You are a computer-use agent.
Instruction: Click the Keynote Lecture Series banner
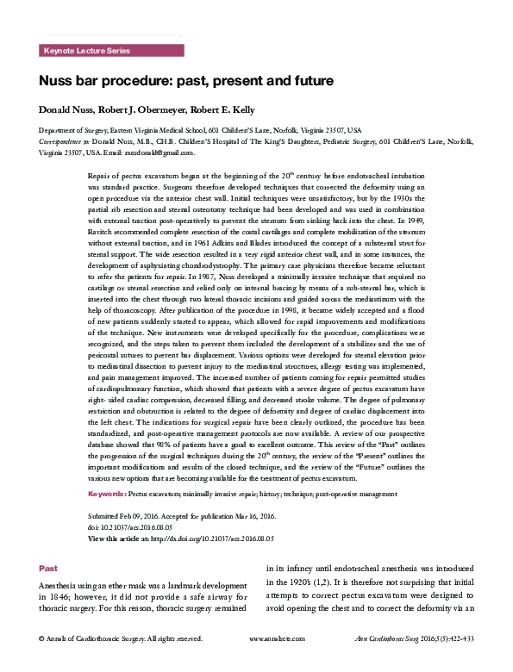tap(86, 52)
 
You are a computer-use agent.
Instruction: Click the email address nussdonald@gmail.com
tap(162, 152)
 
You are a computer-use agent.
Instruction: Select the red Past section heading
tap(49, 569)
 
